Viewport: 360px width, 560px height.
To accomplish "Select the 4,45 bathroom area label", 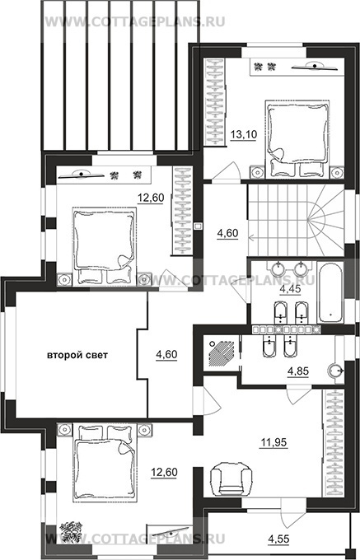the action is (x=290, y=289).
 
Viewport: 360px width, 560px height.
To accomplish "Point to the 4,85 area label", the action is (x=298, y=371).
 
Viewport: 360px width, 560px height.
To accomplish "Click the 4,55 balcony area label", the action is (x=278, y=538).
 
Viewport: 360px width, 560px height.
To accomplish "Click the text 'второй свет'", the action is (x=77, y=355).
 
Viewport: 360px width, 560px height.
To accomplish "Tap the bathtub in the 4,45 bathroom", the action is (x=330, y=292).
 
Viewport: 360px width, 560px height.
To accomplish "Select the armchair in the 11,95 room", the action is (x=231, y=479).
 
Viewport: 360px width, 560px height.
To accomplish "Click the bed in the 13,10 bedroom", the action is (x=297, y=138).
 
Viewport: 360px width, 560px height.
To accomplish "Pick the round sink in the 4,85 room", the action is (x=335, y=369).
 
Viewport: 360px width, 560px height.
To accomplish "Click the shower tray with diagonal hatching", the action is (x=222, y=353).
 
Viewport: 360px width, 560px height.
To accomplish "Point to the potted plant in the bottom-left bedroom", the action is (x=71, y=532).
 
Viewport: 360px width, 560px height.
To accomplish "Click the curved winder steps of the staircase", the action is (x=325, y=221).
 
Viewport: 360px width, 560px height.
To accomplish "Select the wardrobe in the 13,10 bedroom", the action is (x=215, y=102).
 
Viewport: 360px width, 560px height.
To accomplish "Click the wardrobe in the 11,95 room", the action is (x=334, y=442).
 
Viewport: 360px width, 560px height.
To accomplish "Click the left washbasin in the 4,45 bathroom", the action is (x=278, y=267).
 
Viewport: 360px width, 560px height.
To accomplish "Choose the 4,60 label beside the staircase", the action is (x=228, y=233).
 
